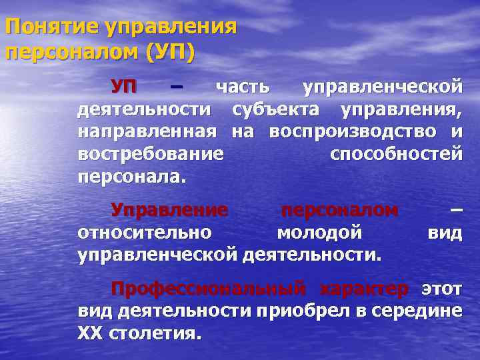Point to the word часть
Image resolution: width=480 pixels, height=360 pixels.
(242, 86)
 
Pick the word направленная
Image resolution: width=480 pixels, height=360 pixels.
(147, 131)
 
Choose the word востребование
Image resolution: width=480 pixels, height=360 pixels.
(151, 154)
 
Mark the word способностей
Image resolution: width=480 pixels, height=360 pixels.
(395, 154)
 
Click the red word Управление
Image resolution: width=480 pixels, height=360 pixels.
(169, 210)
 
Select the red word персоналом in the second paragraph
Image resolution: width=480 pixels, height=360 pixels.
(339, 210)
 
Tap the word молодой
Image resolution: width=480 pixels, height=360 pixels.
(319, 233)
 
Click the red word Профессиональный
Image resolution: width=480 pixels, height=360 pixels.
(209, 289)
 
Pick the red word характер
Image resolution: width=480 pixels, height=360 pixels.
(364, 289)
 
